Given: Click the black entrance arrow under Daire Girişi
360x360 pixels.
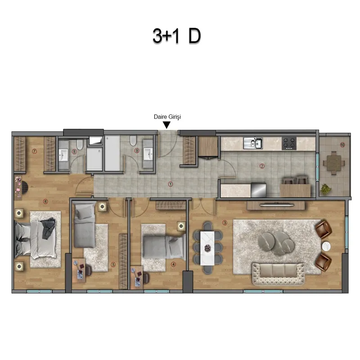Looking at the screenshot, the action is point(166,125).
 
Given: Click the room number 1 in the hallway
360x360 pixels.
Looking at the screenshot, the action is point(171,184).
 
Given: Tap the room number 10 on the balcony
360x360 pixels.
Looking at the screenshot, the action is point(342,145).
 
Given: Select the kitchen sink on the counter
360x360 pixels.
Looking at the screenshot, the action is point(253,143).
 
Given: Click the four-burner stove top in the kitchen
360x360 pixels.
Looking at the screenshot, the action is point(289,143).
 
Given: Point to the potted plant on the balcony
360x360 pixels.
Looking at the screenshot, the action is point(326,189).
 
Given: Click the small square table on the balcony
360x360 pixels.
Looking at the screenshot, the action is point(334,163).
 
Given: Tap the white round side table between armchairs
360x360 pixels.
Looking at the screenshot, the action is point(326,247).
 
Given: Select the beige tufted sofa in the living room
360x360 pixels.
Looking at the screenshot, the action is point(279,274).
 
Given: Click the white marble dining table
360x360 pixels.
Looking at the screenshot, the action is point(207,248).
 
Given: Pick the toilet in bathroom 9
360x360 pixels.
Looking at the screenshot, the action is point(133,140).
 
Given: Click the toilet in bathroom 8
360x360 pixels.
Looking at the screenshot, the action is point(80,144).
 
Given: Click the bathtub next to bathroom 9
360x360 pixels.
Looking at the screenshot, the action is point(112,153).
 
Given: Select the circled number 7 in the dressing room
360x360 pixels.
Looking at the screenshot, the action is point(35,151).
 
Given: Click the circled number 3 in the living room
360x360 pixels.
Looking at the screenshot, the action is point(225,223).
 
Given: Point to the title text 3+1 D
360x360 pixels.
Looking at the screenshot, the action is point(177,36).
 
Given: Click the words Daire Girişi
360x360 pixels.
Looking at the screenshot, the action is point(167,117).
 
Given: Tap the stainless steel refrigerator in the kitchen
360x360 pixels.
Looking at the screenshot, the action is point(258,189).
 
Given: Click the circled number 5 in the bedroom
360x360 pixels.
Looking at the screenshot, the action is point(113,265).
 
